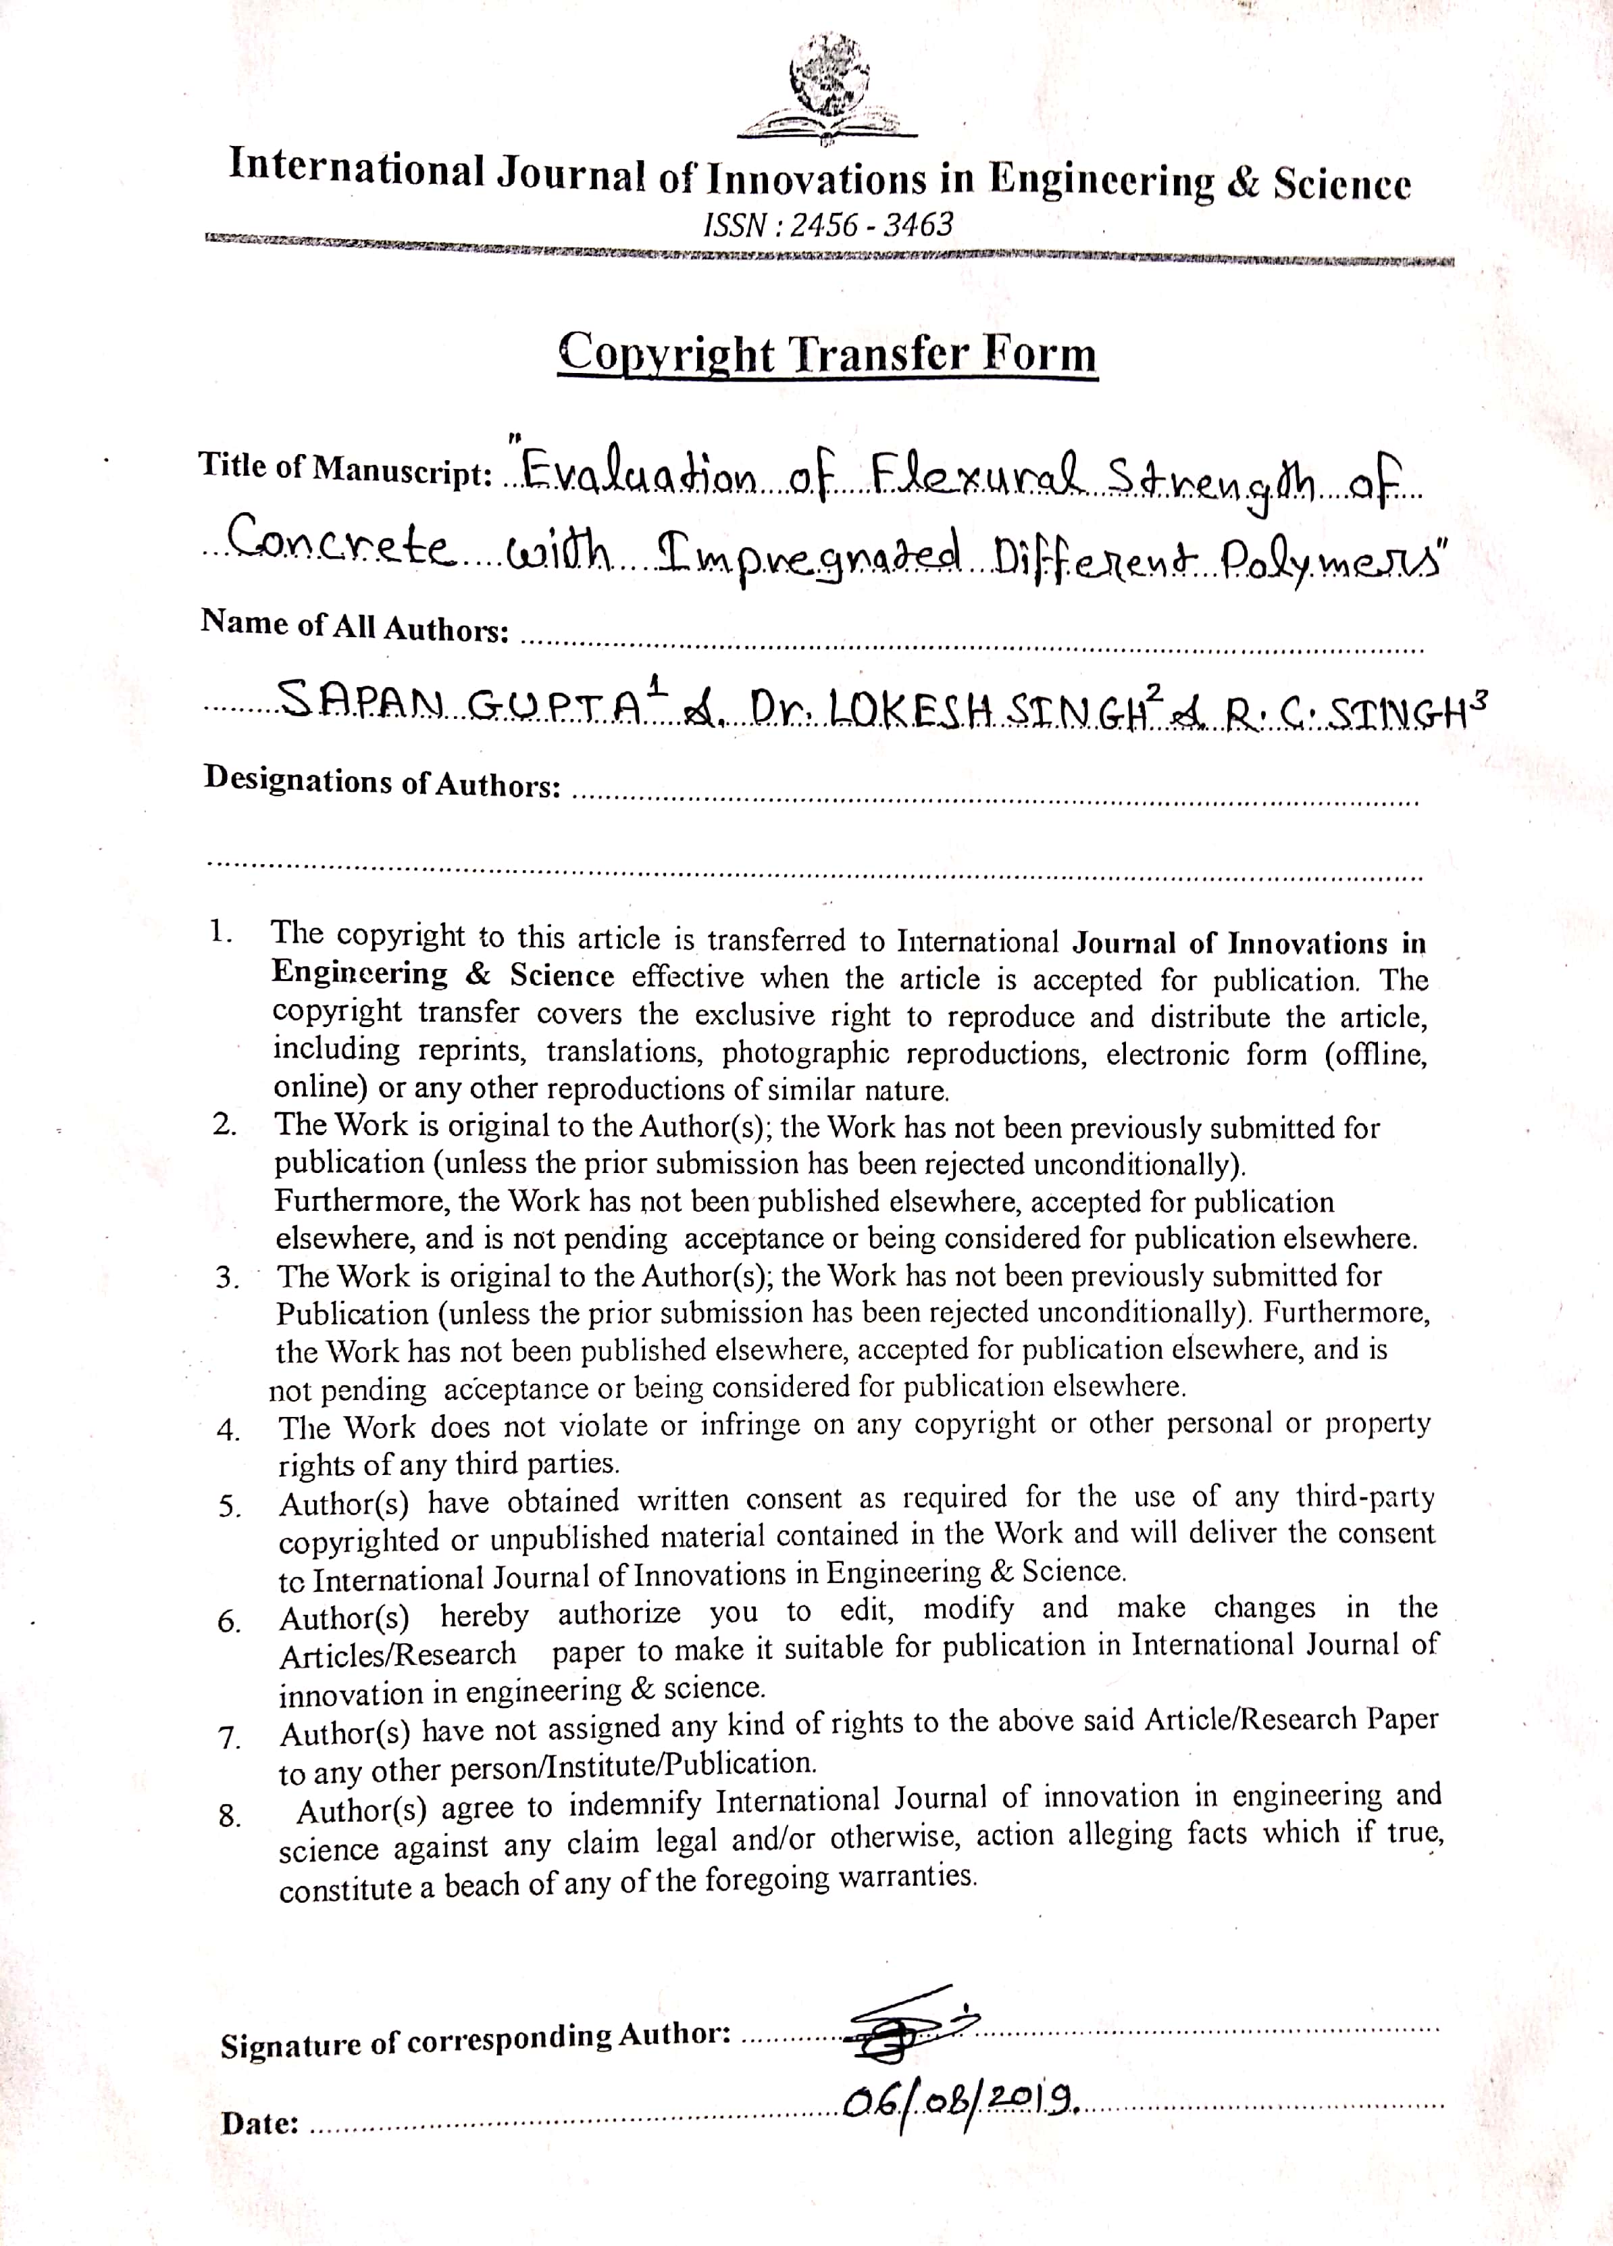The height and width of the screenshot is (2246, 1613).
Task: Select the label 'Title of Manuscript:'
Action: pyautogui.click(x=347, y=468)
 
